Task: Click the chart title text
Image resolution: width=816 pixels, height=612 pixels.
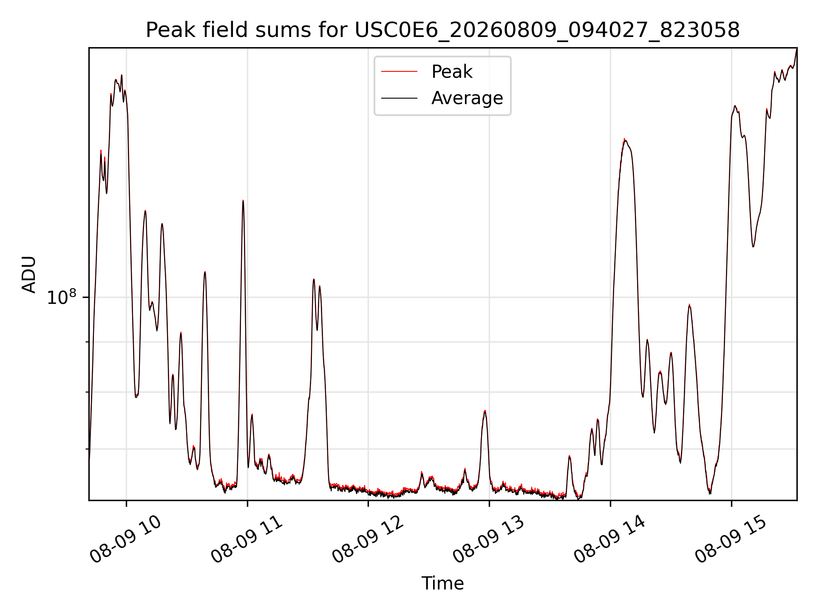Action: [x=442, y=30]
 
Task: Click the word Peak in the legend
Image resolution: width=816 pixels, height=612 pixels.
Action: [x=452, y=72]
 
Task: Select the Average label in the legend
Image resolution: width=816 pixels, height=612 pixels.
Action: [x=467, y=98]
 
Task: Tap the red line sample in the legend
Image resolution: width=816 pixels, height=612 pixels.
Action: [x=399, y=72]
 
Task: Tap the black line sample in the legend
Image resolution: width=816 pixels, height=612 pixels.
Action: [x=399, y=98]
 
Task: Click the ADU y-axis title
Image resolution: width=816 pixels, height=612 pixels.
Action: [x=29, y=274]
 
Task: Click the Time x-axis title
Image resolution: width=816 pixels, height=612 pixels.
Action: [x=442, y=583]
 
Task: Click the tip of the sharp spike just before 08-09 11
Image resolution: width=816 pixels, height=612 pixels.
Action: [x=243, y=200]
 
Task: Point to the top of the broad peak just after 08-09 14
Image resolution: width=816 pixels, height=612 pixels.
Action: [x=624, y=139]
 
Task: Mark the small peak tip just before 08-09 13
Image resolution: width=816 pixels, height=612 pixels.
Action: [x=485, y=411]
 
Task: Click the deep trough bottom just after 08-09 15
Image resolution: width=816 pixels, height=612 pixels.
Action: [x=753, y=246]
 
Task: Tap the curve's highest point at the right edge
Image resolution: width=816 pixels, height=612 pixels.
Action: [x=796, y=48]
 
